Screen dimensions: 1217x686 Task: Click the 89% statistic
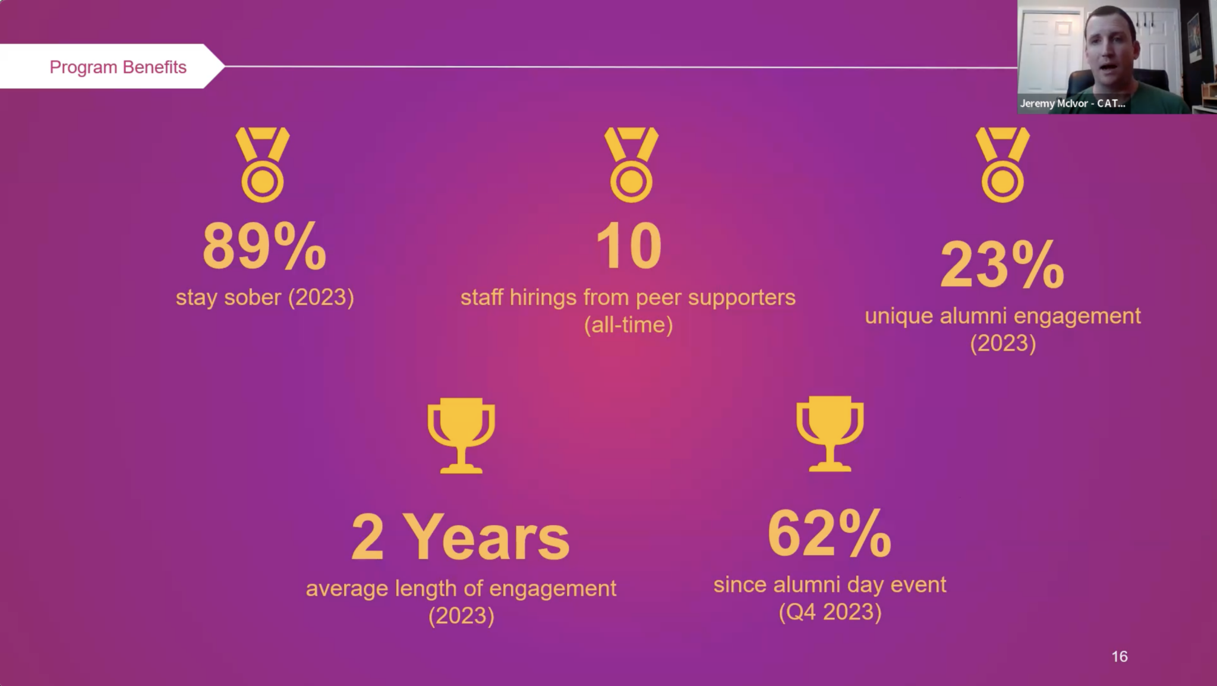264,246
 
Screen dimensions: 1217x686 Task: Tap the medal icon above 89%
263,165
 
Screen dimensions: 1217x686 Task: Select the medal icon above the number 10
631,165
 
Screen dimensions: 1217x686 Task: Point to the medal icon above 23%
1002,165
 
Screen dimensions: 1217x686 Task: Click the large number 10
629,246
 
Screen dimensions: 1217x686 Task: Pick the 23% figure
1002,265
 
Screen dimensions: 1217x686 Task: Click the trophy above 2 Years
461,435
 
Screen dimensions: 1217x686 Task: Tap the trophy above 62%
830,433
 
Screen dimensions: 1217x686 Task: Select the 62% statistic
830,533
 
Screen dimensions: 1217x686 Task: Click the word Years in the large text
489,537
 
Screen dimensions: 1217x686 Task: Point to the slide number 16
1120,656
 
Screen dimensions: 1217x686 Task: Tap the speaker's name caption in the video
1073,103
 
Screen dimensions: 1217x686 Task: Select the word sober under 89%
253,297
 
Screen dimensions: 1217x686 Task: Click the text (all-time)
628,325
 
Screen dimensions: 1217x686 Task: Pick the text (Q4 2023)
830,612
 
